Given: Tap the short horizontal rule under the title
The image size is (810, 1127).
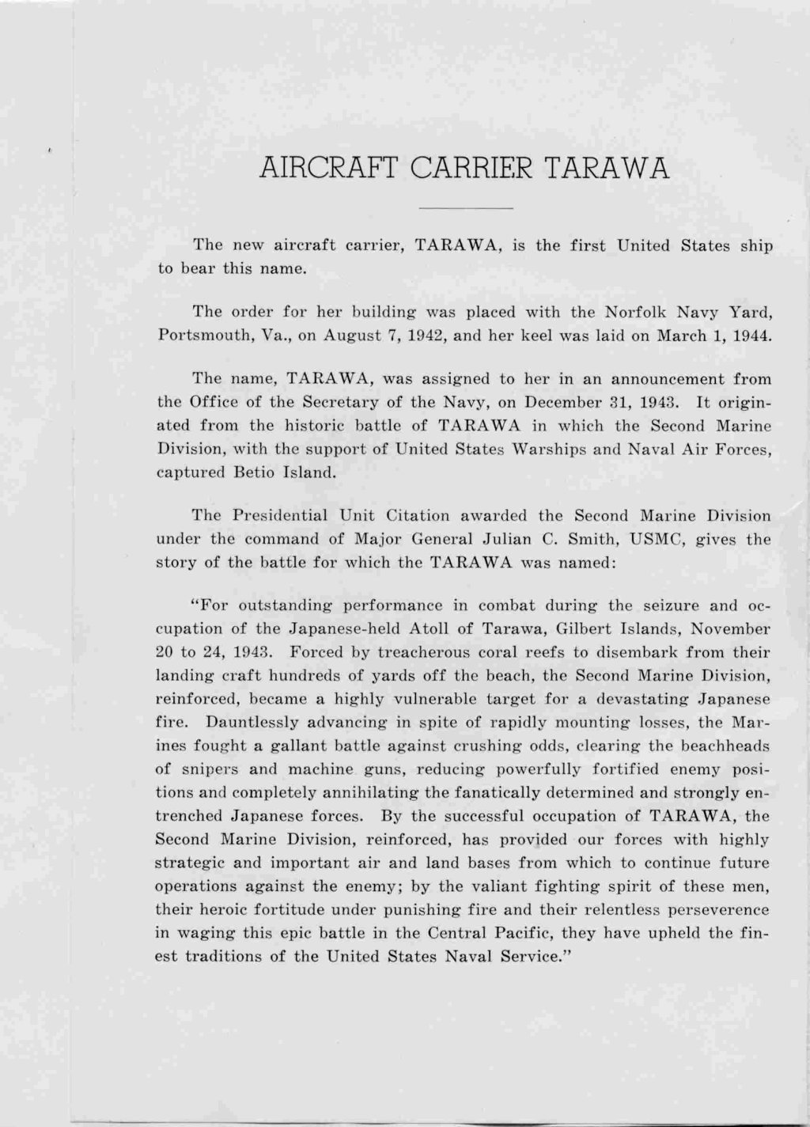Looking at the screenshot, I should click(x=465, y=208).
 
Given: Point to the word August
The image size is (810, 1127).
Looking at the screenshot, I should click(x=354, y=335).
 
